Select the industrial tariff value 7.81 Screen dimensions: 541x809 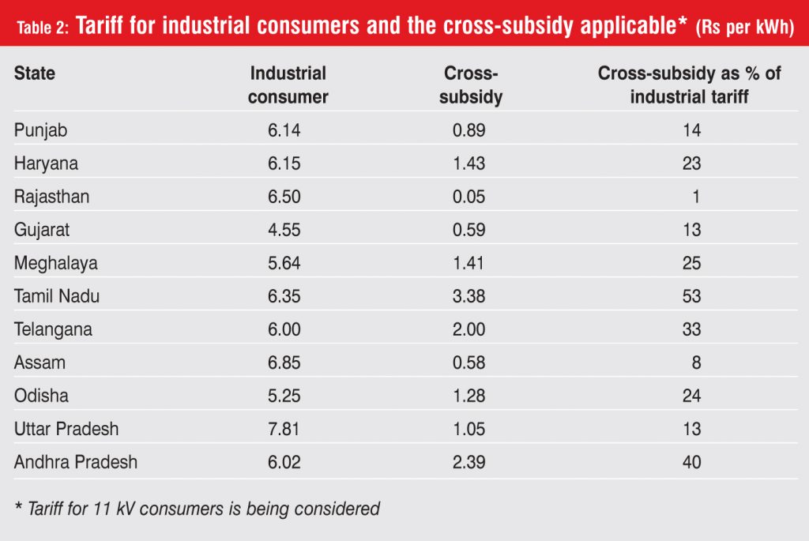coord(284,429)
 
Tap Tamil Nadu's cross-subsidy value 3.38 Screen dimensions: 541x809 coord(469,297)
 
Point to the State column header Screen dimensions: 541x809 coord(35,73)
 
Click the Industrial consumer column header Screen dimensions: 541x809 coord(288,85)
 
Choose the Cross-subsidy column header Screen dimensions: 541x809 coord(472,85)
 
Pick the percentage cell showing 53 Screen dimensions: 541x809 coord(691,297)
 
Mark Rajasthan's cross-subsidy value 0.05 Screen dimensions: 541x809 coord(469,197)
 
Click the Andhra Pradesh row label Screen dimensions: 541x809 coord(76,462)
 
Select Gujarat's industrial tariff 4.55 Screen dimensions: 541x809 coord(284,231)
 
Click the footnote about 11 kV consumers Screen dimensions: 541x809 coord(197,509)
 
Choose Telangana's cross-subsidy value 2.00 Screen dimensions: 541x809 coord(469,330)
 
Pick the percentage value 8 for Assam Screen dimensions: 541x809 coord(696,363)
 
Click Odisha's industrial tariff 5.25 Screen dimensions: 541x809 coord(284,396)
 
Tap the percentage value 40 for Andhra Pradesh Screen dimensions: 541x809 coord(691,462)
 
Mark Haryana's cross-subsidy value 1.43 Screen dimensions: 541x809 coord(469,164)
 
